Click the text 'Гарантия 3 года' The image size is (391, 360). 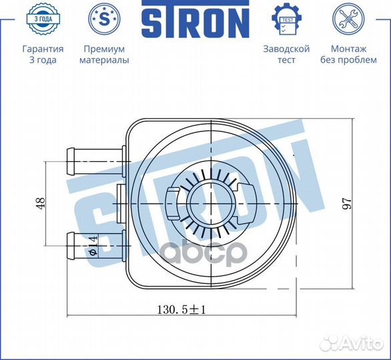coord(43,55)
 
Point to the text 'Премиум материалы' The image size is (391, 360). coord(104,55)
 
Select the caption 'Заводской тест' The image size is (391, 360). coord(286,55)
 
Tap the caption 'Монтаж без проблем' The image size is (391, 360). coord(348,55)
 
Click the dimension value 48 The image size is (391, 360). coord(39,202)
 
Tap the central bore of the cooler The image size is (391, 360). coord(209,201)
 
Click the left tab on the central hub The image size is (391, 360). coord(172,201)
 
